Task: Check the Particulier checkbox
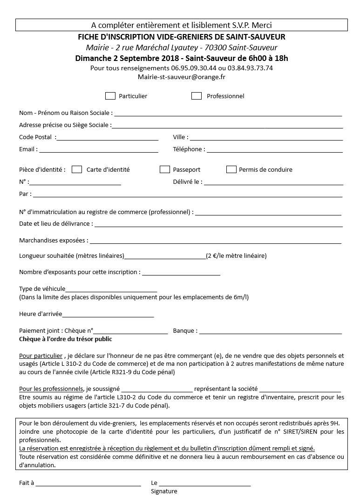(110, 96)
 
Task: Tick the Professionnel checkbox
(197, 96)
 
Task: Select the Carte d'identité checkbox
(77, 169)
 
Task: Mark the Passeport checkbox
(165, 169)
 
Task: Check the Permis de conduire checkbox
(231, 169)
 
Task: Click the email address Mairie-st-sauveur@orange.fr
(182, 77)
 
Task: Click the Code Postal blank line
(107, 138)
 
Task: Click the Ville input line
(266, 138)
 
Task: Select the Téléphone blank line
(274, 151)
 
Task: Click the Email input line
(99, 151)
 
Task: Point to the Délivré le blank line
(273, 183)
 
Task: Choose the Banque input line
(271, 332)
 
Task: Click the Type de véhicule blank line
(111, 290)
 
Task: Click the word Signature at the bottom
(164, 491)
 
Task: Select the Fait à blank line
(88, 484)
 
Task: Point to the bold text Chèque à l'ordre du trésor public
(66, 339)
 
